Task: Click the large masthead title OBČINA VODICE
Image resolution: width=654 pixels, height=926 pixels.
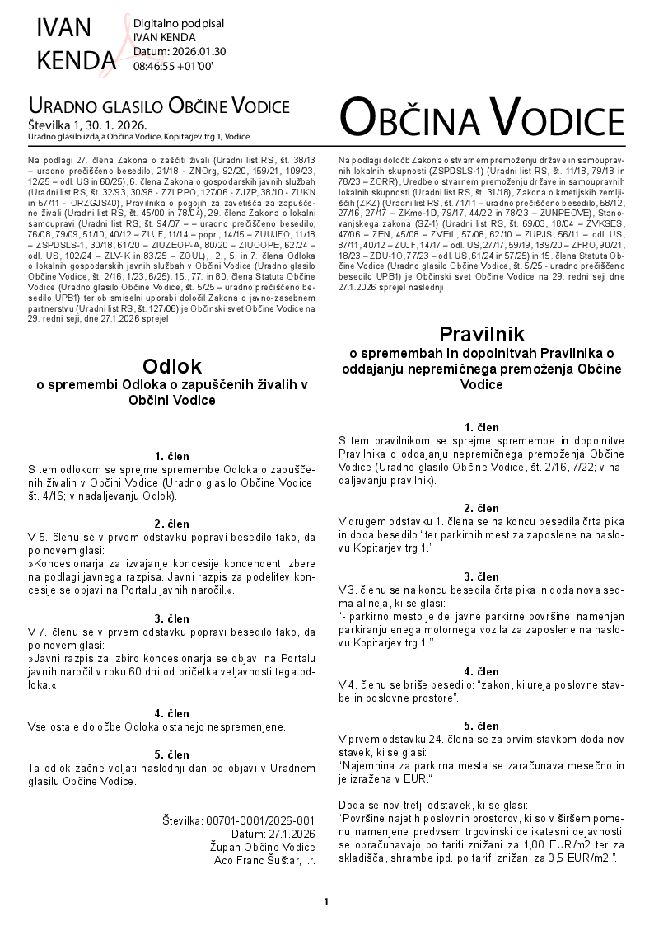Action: [x=482, y=118]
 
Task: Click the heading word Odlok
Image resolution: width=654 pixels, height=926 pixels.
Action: [x=171, y=365]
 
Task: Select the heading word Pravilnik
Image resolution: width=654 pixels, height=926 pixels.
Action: [x=482, y=334]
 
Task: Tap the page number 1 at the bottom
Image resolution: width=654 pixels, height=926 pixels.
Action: [x=326, y=901]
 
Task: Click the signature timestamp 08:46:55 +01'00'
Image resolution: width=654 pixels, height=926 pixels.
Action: [x=172, y=66]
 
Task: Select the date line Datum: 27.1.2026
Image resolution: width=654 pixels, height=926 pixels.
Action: [x=273, y=834]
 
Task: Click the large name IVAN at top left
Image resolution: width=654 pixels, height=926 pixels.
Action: [x=64, y=27]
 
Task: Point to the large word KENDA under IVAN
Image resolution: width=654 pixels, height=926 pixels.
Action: [x=77, y=59]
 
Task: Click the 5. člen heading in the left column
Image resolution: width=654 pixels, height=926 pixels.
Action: [x=171, y=754]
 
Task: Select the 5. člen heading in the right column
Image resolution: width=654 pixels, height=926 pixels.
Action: [x=481, y=726]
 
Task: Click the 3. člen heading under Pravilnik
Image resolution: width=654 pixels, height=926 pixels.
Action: [x=481, y=576]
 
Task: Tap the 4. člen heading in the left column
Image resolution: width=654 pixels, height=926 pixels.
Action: [x=171, y=713]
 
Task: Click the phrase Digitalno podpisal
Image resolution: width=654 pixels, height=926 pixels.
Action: [x=178, y=23]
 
